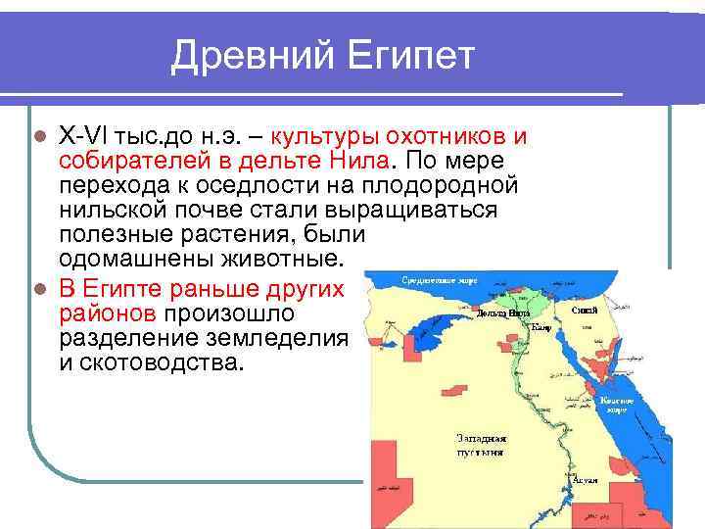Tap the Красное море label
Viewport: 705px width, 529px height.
(x=616, y=405)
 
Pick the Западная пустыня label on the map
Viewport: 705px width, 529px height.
(x=481, y=446)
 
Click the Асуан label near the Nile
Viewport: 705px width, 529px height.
(x=586, y=481)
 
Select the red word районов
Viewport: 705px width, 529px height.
(x=108, y=313)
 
